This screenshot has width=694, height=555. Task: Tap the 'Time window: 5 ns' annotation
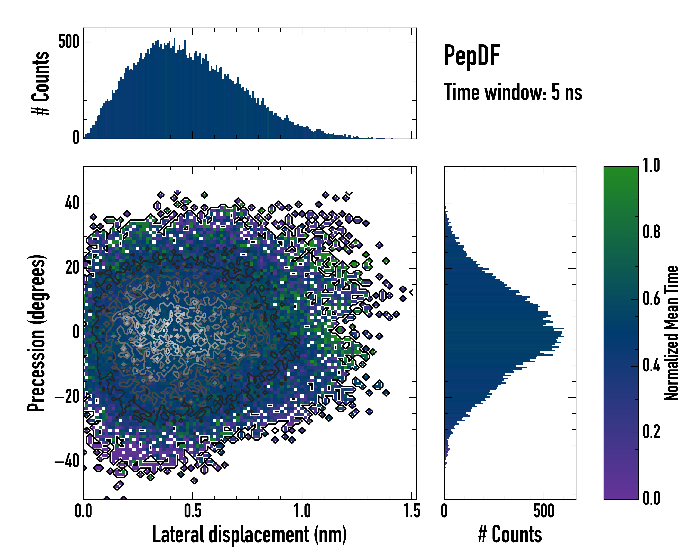[x=513, y=92]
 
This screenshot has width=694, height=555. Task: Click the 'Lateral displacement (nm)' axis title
[x=249, y=534]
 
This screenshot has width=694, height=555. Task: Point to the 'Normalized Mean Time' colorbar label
[x=671, y=333]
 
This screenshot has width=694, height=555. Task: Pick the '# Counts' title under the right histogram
[x=510, y=534]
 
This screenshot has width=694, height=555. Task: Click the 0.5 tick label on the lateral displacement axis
[x=192, y=511]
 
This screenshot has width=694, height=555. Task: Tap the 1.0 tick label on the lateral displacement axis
[x=302, y=511]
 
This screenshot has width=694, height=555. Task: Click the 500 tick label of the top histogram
[x=68, y=42]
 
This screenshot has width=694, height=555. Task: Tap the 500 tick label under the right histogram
[x=544, y=511]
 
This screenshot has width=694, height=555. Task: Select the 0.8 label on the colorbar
[x=651, y=232]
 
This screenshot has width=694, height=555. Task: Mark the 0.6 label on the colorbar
[x=651, y=299]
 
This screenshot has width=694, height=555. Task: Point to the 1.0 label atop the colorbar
[x=651, y=166]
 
